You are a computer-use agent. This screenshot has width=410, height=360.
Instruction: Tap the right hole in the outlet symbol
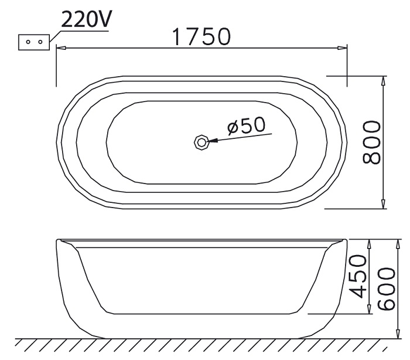pos(39,42)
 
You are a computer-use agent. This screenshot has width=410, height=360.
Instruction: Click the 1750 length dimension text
pos(201,37)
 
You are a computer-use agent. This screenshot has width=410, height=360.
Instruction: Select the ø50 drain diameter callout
pos(246,125)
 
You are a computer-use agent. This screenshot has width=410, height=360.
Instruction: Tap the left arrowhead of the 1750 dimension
pos(60,49)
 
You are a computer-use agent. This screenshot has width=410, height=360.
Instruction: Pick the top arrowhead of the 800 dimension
pos(383,80)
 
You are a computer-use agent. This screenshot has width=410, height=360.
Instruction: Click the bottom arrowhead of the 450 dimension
pos(369,310)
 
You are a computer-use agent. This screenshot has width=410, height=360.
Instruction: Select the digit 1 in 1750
pos(177,37)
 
